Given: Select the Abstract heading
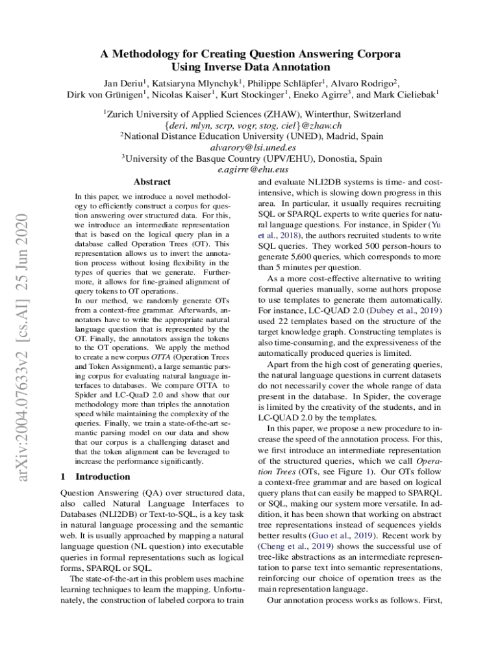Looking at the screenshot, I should click(151, 182).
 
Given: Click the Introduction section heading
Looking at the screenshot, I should click(103, 477).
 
